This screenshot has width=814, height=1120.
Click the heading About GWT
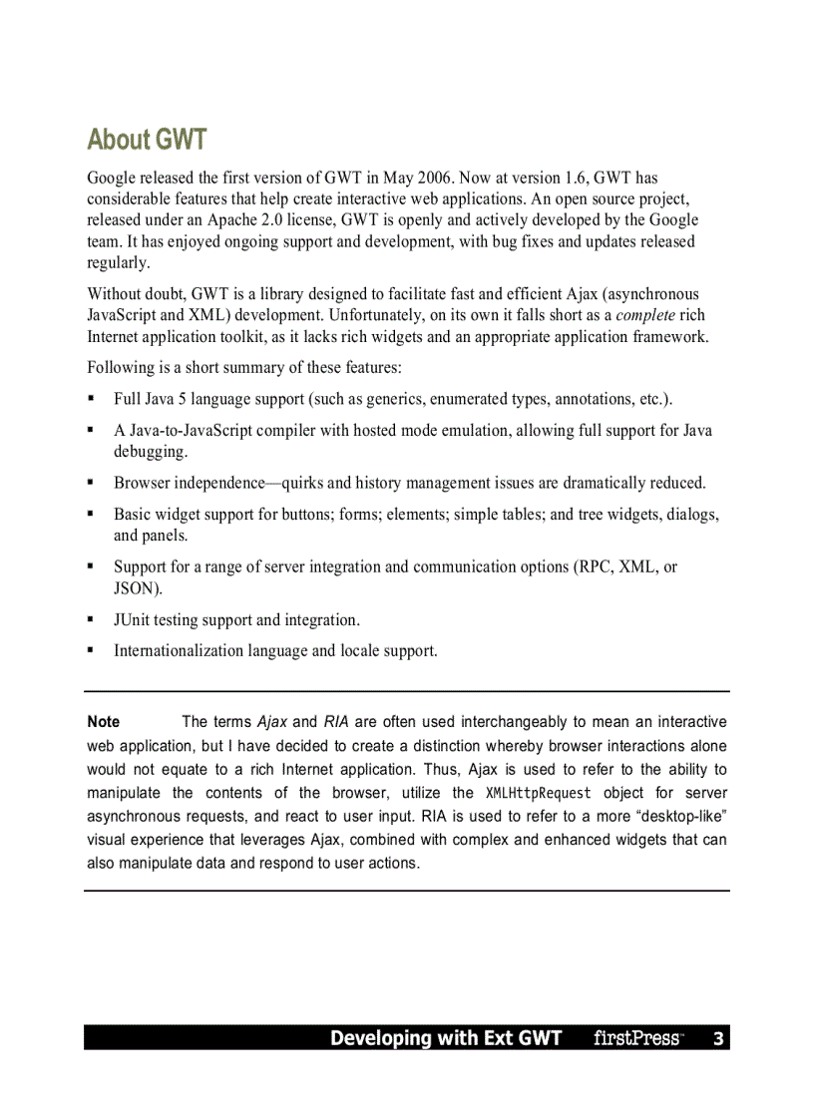(147, 139)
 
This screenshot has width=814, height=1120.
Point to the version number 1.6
(575, 178)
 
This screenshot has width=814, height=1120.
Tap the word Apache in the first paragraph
(232, 219)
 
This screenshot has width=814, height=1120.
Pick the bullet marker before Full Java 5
(91, 399)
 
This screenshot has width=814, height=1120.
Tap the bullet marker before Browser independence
(91, 483)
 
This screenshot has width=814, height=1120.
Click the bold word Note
(104, 721)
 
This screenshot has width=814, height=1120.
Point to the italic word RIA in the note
(336, 721)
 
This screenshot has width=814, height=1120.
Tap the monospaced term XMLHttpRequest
(538, 793)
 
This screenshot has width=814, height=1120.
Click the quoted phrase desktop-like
(681, 816)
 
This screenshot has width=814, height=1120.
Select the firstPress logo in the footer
(637, 1038)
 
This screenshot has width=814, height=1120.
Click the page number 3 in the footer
(717, 1038)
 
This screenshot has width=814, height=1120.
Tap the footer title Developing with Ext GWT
(446, 1038)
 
